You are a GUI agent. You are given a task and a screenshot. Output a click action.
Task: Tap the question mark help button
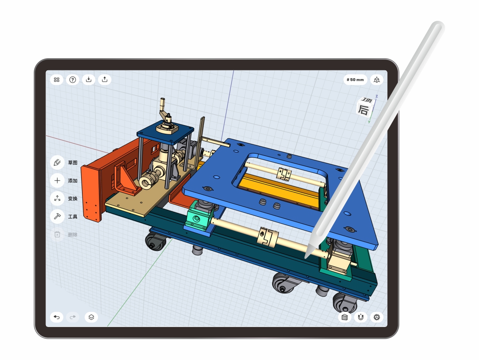pyautogui.click(x=72, y=79)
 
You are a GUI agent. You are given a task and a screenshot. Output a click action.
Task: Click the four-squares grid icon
pyautogui.click(x=56, y=79)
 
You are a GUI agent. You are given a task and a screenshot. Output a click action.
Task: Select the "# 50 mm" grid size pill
pyautogui.click(x=355, y=80)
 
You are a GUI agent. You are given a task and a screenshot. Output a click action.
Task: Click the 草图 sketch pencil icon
pyautogui.click(x=57, y=163)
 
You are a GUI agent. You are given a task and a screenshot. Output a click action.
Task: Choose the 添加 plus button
pyautogui.click(x=57, y=181)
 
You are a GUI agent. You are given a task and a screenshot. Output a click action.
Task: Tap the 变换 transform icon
pyautogui.click(x=57, y=199)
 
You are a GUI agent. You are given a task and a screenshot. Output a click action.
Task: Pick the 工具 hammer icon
pyautogui.click(x=57, y=216)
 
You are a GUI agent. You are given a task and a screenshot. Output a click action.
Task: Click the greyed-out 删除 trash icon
pyautogui.click(x=57, y=234)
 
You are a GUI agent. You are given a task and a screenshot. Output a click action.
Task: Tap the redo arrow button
pyautogui.click(x=72, y=317)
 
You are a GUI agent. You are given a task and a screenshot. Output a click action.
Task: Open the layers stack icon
pyautogui.click(x=91, y=317)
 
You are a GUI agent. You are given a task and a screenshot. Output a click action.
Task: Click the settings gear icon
pyautogui.click(x=377, y=317)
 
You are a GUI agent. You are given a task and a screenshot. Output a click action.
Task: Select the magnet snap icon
pyautogui.click(x=361, y=317)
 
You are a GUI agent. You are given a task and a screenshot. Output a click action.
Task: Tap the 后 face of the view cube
pyautogui.click(x=363, y=110)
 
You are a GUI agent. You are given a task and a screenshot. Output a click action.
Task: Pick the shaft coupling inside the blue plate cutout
pyautogui.click(x=284, y=173)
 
